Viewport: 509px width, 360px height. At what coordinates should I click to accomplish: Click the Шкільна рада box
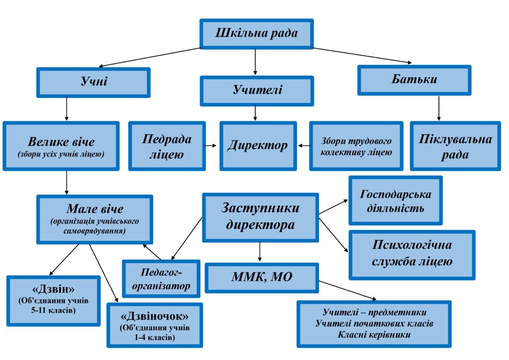point(256,34)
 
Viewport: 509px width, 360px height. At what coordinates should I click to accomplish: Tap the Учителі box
point(256,90)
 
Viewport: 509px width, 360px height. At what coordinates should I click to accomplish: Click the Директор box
point(258,146)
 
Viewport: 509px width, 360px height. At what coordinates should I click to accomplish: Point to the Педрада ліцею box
point(167,146)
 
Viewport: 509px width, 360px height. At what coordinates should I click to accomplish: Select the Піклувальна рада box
point(455,146)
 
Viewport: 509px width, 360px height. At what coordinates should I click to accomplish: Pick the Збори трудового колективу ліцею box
point(356,146)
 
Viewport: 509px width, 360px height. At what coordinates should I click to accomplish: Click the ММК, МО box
point(261,277)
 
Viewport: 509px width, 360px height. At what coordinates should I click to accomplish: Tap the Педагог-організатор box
point(162,278)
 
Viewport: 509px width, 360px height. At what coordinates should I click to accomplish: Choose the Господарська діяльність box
point(395,200)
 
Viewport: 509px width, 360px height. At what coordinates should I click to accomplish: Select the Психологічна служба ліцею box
point(412,254)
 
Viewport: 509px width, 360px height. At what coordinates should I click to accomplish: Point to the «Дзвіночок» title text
point(155,315)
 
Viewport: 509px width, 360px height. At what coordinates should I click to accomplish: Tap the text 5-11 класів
point(53,311)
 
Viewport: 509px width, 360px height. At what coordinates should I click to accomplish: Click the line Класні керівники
point(374,334)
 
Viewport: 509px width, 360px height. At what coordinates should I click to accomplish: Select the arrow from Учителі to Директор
point(255,113)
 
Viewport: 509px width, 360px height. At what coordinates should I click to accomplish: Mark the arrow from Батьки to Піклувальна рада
point(438,108)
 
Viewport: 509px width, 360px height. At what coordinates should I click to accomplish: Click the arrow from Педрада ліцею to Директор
point(211,146)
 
